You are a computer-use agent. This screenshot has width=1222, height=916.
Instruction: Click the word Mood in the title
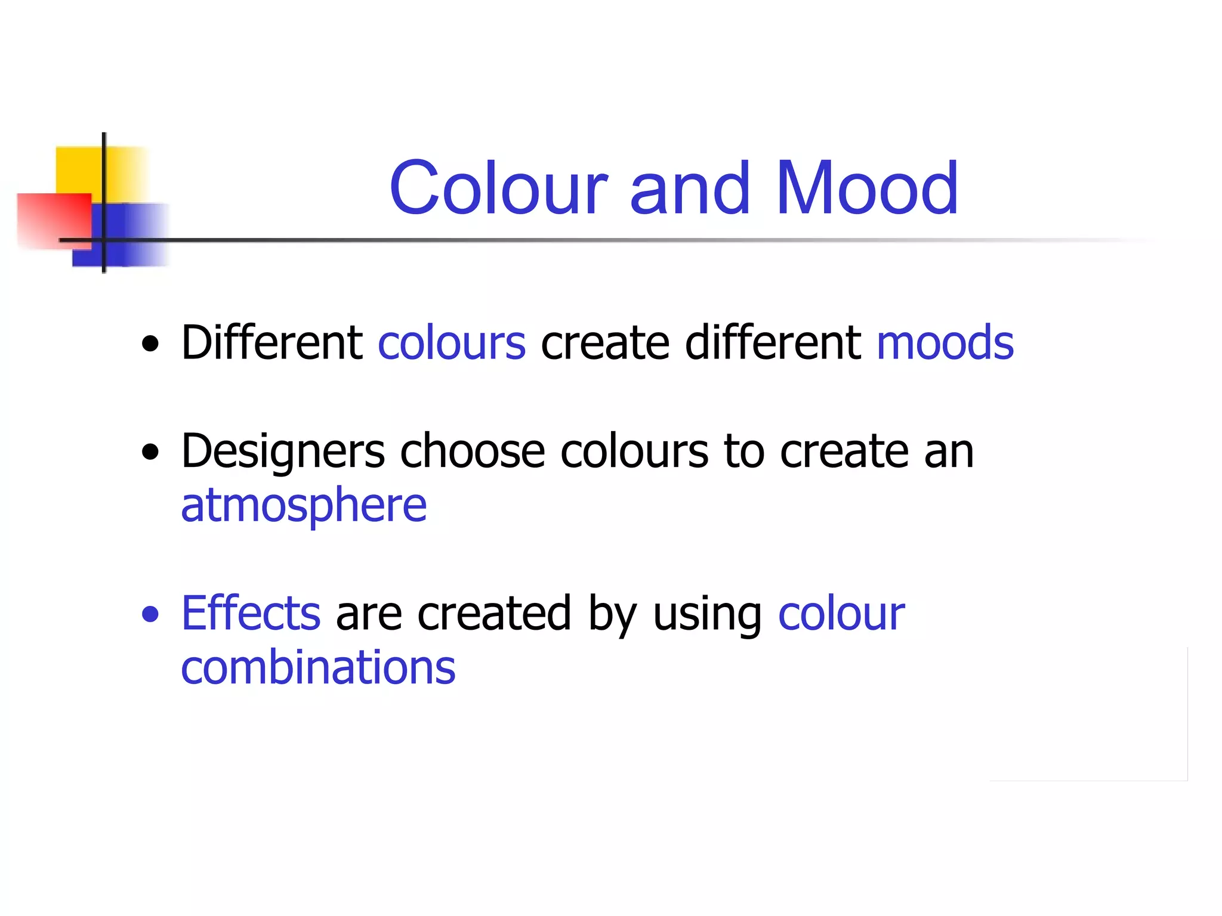click(x=866, y=188)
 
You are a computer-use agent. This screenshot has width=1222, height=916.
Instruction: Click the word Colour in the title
click(x=499, y=188)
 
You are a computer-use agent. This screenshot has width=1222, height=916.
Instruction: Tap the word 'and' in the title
click(x=690, y=190)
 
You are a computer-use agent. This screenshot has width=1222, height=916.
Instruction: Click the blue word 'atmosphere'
click(x=304, y=505)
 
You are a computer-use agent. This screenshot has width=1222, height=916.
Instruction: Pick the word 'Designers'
click(x=283, y=452)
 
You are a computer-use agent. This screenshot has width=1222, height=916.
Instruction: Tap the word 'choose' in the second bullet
click(x=472, y=451)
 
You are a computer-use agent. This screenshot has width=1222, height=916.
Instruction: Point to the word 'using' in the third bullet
click(x=707, y=614)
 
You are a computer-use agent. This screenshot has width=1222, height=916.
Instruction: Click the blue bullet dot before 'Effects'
click(x=151, y=614)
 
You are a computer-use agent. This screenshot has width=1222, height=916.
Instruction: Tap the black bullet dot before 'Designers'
click(x=151, y=452)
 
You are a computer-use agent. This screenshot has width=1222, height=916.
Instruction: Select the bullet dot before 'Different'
click(x=151, y=343)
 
